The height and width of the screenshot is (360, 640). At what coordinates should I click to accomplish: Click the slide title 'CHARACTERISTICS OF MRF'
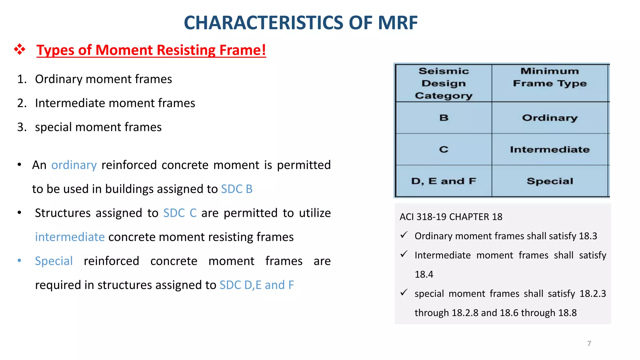pos(301,23)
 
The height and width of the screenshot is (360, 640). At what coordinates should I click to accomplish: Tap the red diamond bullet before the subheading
pos(20,49)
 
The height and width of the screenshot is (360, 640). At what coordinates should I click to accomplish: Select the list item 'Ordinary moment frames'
pos(103,79)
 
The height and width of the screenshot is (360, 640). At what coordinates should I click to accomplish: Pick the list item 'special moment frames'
pos(98,127)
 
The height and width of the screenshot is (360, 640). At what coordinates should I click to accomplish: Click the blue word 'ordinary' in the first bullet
pos(74,165)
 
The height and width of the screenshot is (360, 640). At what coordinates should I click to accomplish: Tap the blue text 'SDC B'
pos(237,189)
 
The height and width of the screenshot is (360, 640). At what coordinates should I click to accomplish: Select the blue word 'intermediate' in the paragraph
pos(70,237)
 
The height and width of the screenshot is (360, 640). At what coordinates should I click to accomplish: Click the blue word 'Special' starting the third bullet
pos(54,261)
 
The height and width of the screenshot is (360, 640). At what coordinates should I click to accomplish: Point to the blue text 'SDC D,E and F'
pos(257,285)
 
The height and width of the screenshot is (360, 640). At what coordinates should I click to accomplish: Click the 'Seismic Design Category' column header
pos(443,83)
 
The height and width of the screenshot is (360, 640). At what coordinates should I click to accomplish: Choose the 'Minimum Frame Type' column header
pos(550,77)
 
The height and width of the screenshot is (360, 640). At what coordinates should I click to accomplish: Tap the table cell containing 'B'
pos(444,118)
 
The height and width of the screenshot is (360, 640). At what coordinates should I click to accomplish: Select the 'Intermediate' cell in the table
pos(550,149)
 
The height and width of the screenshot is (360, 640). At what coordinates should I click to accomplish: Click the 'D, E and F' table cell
pos(443,181)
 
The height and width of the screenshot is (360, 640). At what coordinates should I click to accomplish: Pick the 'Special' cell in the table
pos(550,181)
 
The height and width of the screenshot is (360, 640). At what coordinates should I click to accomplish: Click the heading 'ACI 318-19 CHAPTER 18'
pos(451,217)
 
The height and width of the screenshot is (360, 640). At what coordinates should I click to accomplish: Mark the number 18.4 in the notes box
pos(424,274)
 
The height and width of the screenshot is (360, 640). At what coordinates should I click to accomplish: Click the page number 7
pos(589,343)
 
